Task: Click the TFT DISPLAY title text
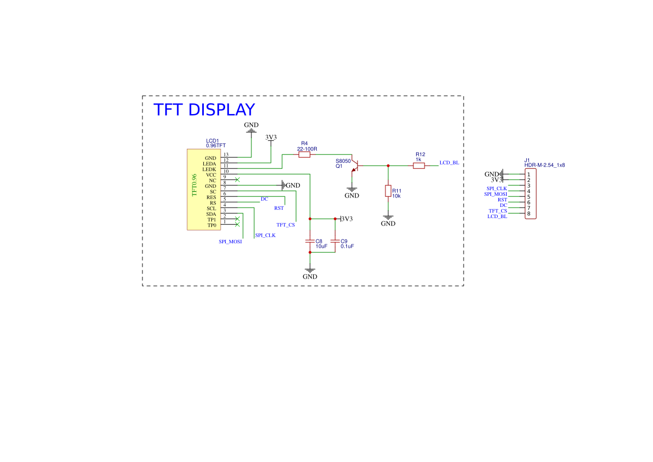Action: pos(204,110)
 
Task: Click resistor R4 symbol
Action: pos(304,155)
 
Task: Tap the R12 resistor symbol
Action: pos(419,166)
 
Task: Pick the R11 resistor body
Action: pos(388,191)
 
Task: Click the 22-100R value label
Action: pos(307,149)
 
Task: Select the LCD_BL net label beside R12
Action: pos(449,163)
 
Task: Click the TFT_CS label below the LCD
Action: pos(285,225)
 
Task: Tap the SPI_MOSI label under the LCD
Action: pos(230,242)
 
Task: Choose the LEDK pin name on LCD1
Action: pos(209,169)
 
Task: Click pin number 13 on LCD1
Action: pos(226,154)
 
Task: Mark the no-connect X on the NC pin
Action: pos(238,180)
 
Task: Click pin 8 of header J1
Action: pos(528,214)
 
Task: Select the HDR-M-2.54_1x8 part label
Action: pos(545,165)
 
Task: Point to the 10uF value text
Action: pos(321,246)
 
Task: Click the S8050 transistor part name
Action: pos(343,161)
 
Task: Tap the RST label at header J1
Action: pos(502,200)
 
